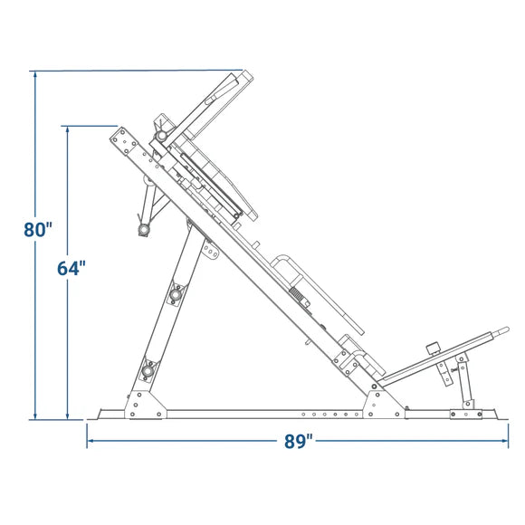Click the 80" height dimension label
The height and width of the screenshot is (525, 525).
click(38, 230)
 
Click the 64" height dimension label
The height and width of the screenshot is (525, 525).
click(72, 268)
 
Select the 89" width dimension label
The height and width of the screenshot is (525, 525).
click(299, 441)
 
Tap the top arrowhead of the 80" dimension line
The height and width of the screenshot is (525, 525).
click(35, 74)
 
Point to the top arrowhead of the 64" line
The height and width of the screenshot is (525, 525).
click(68, 129)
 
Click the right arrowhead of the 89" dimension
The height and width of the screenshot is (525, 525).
click(505, 441)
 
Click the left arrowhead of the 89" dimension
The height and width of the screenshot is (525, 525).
click(91, 441)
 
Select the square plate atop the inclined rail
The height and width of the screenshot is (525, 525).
click(123, 141)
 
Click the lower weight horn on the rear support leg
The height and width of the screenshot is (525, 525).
click(147, 370)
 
